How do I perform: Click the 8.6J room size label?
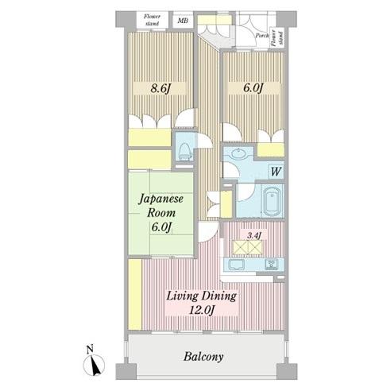point(160,89)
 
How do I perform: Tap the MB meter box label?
point(183,20)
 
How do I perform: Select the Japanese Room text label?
point(161,206)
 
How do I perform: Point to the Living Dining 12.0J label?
point(201,303)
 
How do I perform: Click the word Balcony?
point(203,357)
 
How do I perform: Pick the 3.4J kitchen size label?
point(254,235)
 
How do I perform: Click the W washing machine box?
point(276,172)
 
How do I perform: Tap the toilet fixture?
point(185,152)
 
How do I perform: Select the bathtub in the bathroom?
point(273,201)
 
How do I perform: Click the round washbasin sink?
point(238,153)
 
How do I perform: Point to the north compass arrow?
point(95,365)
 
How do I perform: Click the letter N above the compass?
point(90,349)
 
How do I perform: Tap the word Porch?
point(262,36)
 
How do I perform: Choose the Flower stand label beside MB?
point(152,20)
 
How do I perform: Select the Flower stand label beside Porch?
point(277,38)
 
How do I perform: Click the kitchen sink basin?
point(236,265)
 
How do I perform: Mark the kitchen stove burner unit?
point(272,265)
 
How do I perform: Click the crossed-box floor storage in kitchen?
point(247,248)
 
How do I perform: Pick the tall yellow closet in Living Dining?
point(135,295)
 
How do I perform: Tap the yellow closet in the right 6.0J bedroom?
point(270,149)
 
